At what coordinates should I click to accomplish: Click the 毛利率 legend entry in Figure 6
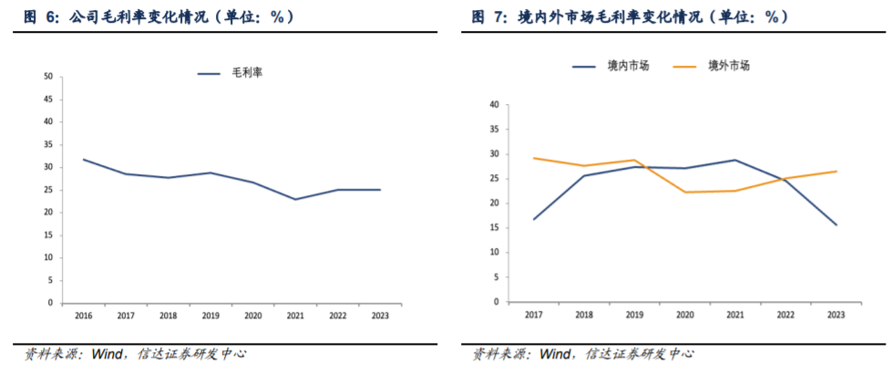point(230,73)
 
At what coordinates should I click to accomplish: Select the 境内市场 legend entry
point(610,66)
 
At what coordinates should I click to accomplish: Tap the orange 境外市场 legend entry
point(711,66)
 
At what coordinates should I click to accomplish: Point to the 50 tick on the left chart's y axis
point(47,77)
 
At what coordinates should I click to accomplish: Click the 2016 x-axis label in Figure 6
point(84,316)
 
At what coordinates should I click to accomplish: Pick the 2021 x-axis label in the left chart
point(295,316)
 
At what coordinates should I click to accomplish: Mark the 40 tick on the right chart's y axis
point(494,105)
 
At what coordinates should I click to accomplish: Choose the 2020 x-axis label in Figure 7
point(685,314)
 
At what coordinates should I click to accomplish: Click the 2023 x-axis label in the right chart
point(836,314)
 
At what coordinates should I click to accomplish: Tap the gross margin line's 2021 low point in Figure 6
point(295,199)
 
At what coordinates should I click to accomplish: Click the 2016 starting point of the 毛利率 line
point(84,160)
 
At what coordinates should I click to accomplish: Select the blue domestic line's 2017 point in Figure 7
point(534,219)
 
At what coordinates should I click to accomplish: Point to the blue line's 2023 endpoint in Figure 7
point(836,224)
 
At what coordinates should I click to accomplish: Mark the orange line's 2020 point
point(685,192)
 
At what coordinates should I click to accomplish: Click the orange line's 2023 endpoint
point(836,171)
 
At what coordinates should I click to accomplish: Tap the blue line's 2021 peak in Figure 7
point(735,160)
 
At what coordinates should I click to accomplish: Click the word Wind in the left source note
point(107,354)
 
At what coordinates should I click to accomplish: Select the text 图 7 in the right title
point(488,17)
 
